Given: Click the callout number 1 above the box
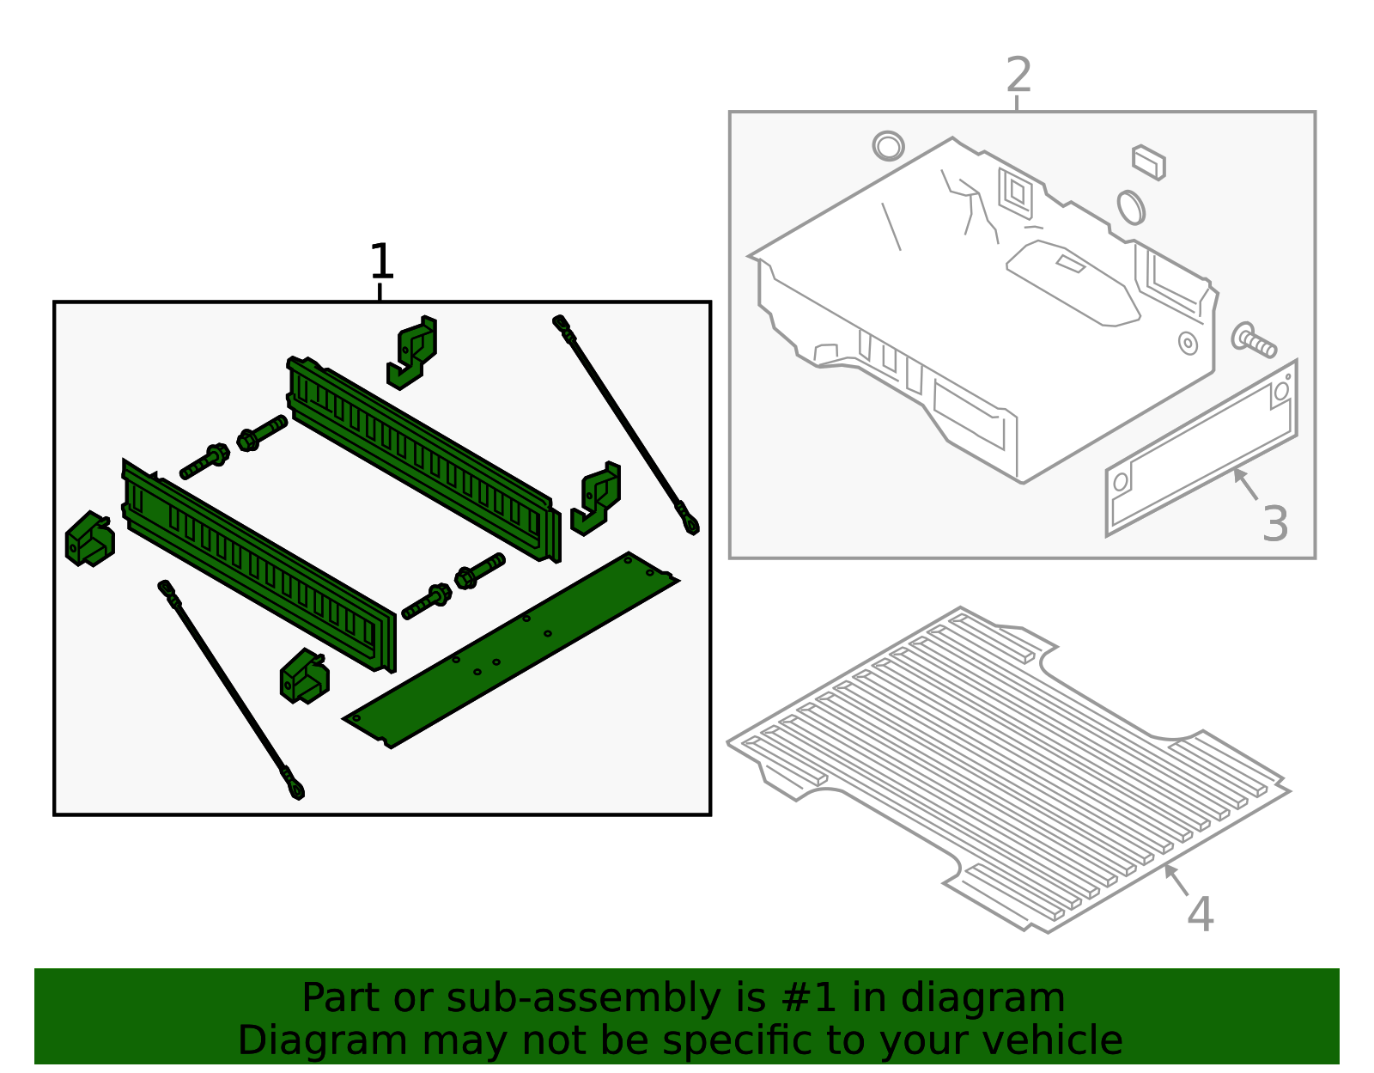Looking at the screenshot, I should [x=380, y=262].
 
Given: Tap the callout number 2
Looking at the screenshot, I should [x=1018, y=76].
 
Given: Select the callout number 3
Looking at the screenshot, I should [x=1275, y=525].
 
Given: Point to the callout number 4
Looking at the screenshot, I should [x=1200, y=915].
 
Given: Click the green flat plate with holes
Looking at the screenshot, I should [x=512, y=649].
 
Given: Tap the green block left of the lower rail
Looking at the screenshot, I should [x=89, y=540].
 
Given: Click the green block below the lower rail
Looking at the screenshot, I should [x=304, y=676].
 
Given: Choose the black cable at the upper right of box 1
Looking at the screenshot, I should [x=627, y=425].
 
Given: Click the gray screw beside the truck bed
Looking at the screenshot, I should [x=1254, y=340].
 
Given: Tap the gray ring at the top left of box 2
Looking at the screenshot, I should [x=888, y=146].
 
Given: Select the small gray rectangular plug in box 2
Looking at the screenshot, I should [x=1148, y=162].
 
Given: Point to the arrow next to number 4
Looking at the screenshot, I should [x=1176, y=881].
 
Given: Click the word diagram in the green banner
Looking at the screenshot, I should [x=1001, y=998].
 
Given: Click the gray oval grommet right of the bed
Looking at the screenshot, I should [x=1130, y=207].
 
